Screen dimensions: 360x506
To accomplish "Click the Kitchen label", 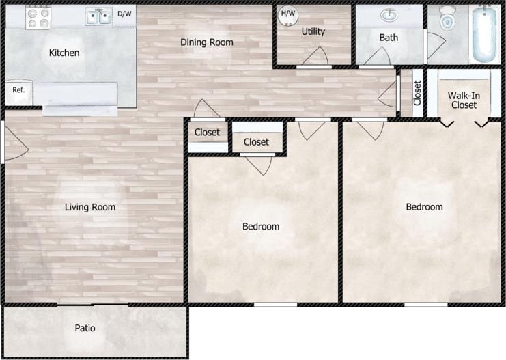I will point(64,53).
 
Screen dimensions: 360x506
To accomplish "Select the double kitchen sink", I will point(98,16).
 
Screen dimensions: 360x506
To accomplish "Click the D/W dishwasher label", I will point(124,14).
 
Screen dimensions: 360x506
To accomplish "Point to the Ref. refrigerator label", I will point(18,90).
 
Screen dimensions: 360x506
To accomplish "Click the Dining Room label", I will point(206,42).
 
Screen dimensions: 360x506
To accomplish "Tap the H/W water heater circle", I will point(288,14).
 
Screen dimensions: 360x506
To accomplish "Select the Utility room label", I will point(313,31).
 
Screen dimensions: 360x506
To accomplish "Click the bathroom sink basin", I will point(389,15).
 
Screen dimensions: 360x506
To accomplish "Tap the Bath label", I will point(389,38).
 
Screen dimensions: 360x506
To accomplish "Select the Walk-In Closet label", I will point(463,100).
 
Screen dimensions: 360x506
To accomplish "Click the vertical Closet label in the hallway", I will point(417,93).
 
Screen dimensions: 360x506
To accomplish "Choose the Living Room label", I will point(90,207).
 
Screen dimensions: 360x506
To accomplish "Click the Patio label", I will point(85,329).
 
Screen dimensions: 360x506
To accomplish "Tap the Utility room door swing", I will point(315,57).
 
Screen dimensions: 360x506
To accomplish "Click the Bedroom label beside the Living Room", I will point(261,226).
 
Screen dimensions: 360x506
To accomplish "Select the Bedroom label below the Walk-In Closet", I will point(424,207).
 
